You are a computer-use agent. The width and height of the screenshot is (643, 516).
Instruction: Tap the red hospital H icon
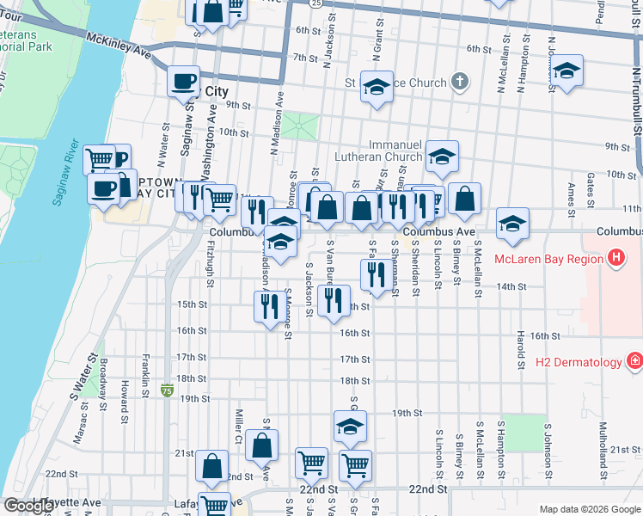[615, 257]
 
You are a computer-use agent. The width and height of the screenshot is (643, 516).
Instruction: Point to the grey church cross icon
[460, 83]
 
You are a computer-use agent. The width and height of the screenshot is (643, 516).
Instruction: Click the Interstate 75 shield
[167, 390]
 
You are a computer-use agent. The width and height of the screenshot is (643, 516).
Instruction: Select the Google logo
[28, 506]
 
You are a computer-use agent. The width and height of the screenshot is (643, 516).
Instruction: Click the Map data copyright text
[590, 509]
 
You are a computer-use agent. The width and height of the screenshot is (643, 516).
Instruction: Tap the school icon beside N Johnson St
[566, 71]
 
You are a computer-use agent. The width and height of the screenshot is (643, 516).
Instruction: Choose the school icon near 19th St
[350, 427]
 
